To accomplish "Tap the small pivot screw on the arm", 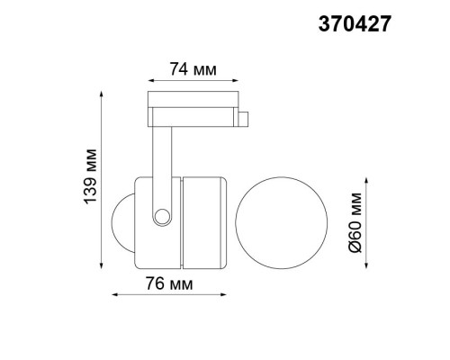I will click(x=162, y=215).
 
